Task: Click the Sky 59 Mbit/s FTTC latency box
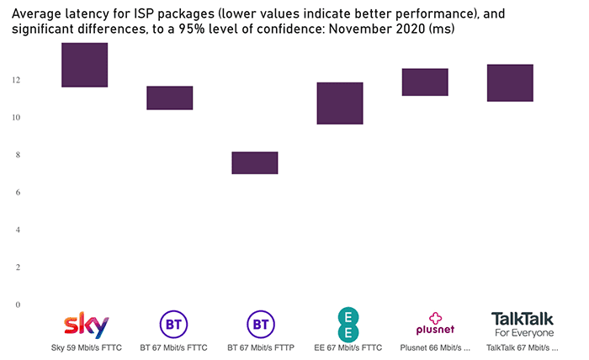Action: pyautogui.click(x=84, y=65)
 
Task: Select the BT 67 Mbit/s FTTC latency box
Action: pyautogui.click(x=170, y=98)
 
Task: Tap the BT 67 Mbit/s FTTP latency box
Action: pyautogui.click(x=255, y=162)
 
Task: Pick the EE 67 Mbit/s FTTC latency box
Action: pyautogui.click(x=340, y=103)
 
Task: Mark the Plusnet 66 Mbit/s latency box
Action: pyautogui.click(x=425, y=82)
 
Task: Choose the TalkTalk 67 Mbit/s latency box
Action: pyautogui.click(x=510, y=82)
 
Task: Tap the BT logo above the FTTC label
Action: pyautogui.click(x=172, y=324)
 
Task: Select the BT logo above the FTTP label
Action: pyautogui.click(x=259, y=324)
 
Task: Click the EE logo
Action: pyautogui.click(x=348, y=323)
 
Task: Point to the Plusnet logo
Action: pyautogui.click(x=435, y=324)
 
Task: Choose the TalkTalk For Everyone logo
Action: pyautogui.click(x=523, y=324)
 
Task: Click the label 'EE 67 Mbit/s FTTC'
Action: pyautogui.click(x=348, y=347)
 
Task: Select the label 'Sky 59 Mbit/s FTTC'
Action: pyautogui.click(x=86, y=347)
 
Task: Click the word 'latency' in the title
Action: pyautogui.click(x=93, y=14)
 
